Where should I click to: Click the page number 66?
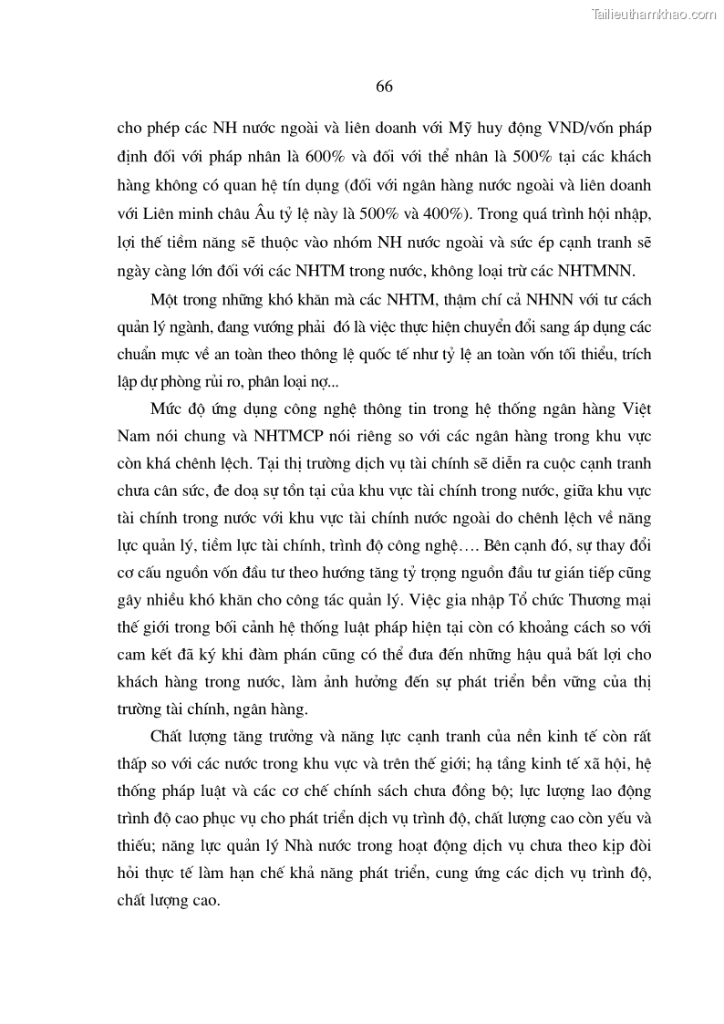click(383, 87)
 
